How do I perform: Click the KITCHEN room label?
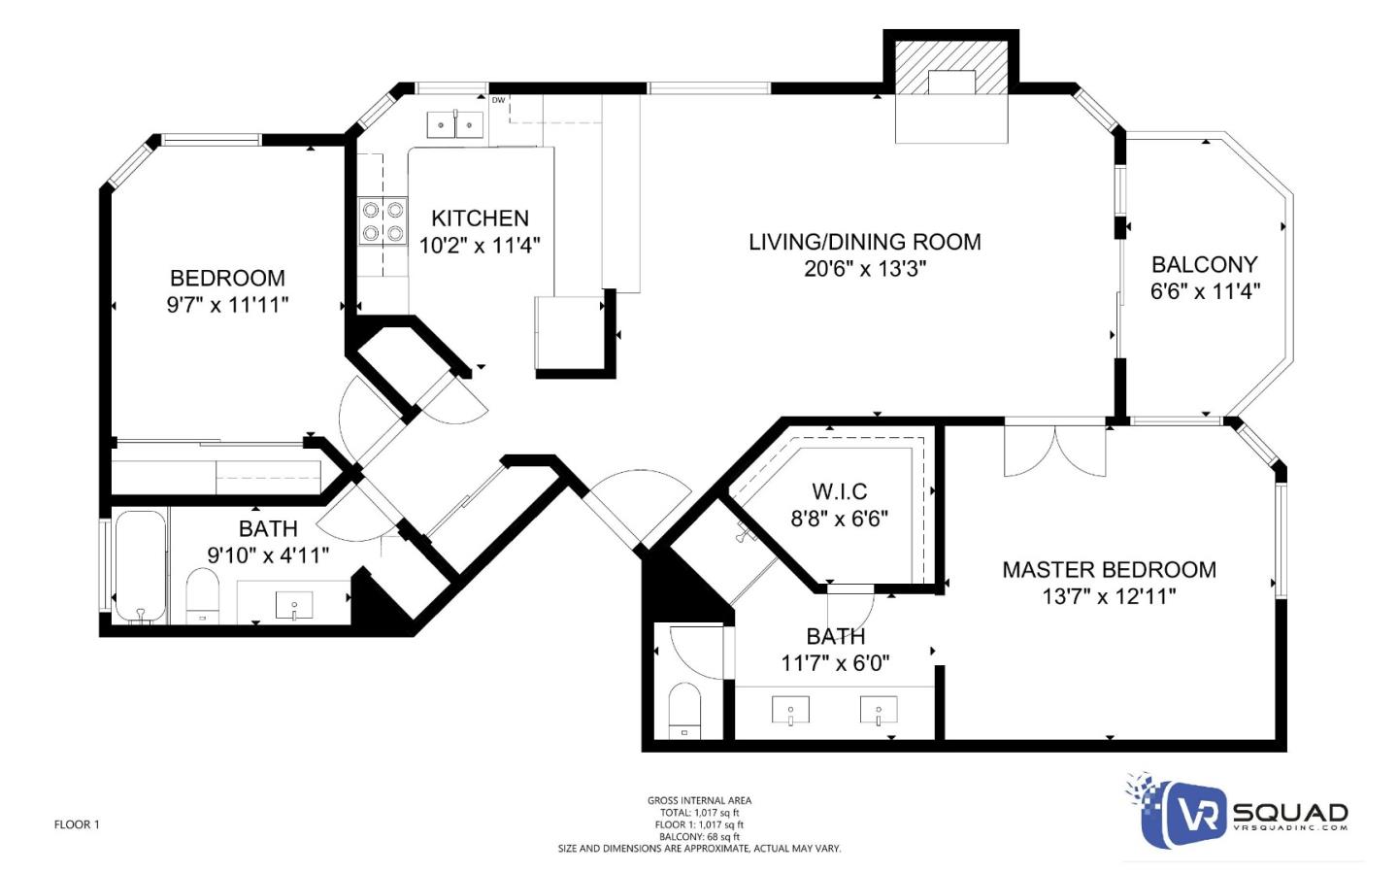(x=480, y=218)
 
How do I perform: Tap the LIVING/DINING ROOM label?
(x=864, y=242)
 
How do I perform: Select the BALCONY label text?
(x=1204, y=264)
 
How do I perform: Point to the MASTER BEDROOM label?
(x=1109, y=570)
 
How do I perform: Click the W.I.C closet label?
(x=840, y=491)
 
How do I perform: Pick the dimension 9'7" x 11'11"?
(x=227, y=305)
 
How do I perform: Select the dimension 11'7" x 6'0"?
(x=835, y=663)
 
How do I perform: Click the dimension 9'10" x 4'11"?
(x=268, y=555)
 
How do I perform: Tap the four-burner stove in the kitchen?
(x=383, y=220)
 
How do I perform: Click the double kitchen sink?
(x=455, y=124)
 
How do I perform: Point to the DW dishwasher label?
(x=498, y=100)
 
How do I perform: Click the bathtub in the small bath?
(x=139, y=567)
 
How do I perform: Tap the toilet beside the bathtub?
(x=203, y=594)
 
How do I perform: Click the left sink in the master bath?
(x=790, y=711)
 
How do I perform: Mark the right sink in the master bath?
(x=878, y=711)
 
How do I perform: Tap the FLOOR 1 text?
(x=77, y=824)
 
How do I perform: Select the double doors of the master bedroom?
(x=1054, y=449)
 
